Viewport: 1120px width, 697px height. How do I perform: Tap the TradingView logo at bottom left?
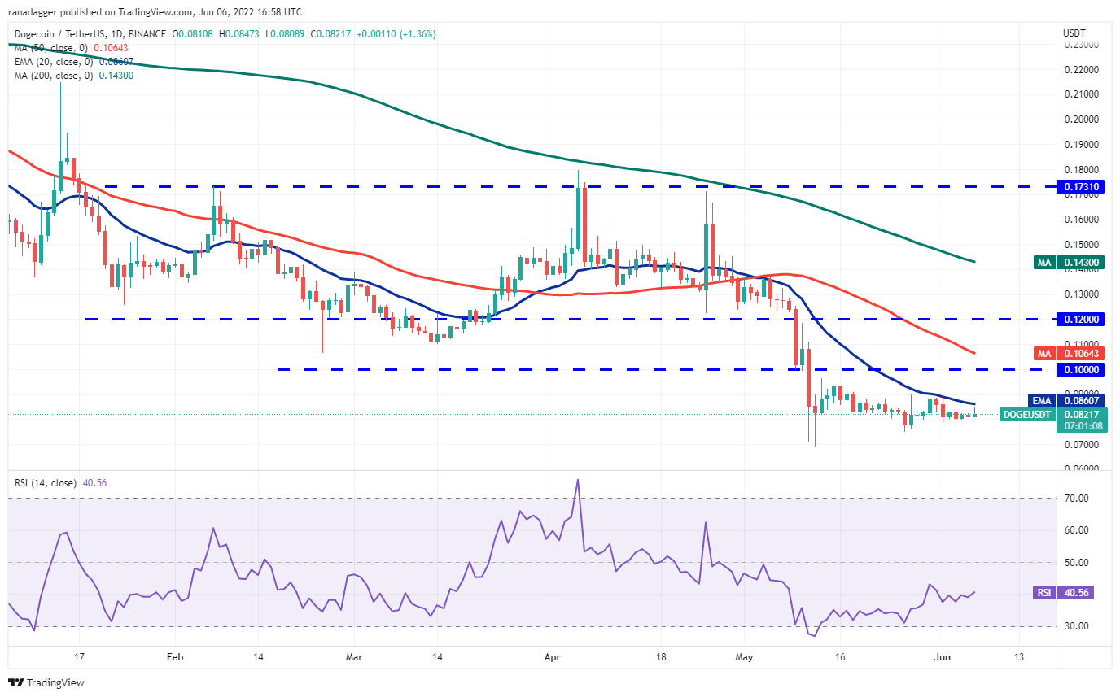pos(46,682)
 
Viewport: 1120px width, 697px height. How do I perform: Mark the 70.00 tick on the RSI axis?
pos(1076,498)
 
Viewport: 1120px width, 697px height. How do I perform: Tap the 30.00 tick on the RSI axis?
pos(1076,626)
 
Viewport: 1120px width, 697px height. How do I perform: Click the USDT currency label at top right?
pos(1074,33)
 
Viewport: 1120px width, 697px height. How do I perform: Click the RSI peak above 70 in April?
pos(577,479)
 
